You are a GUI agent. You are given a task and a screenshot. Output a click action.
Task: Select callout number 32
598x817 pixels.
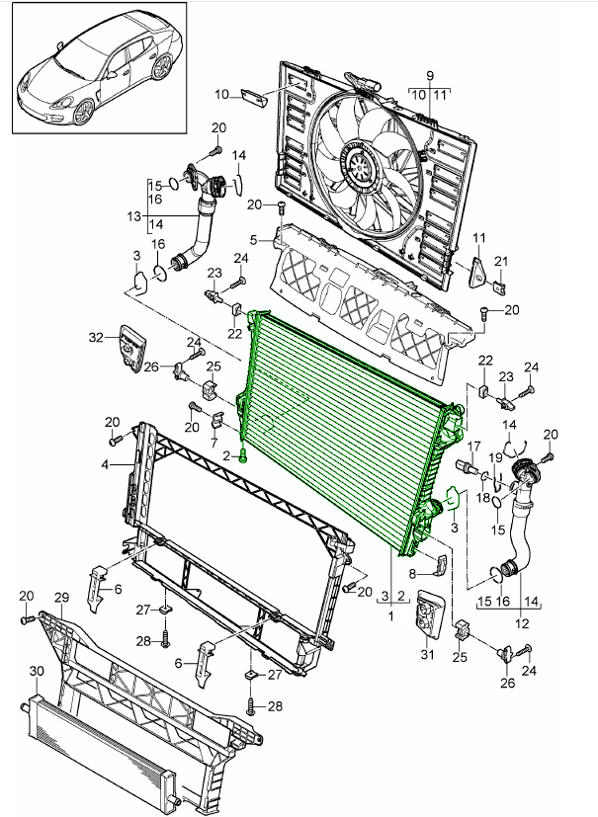coord(96,337)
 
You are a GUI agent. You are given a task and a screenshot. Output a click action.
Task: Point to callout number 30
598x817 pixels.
coord(37,671)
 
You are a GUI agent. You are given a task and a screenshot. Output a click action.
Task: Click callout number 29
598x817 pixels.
coord(59,598)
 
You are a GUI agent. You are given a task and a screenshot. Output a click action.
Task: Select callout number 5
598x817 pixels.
coord(254,239)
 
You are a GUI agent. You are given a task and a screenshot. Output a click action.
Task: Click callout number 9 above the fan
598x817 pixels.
coord(430,76)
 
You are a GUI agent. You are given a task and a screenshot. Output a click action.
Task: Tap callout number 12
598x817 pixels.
coord(522,623)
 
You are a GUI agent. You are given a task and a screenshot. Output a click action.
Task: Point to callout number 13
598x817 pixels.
coord(134,215)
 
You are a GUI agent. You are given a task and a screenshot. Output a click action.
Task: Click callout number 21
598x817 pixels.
coord(500,261)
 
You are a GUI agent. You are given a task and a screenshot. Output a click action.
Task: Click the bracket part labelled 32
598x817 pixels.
coord(129,349)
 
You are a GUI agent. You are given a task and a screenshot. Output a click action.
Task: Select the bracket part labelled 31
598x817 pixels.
coord(428,613)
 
